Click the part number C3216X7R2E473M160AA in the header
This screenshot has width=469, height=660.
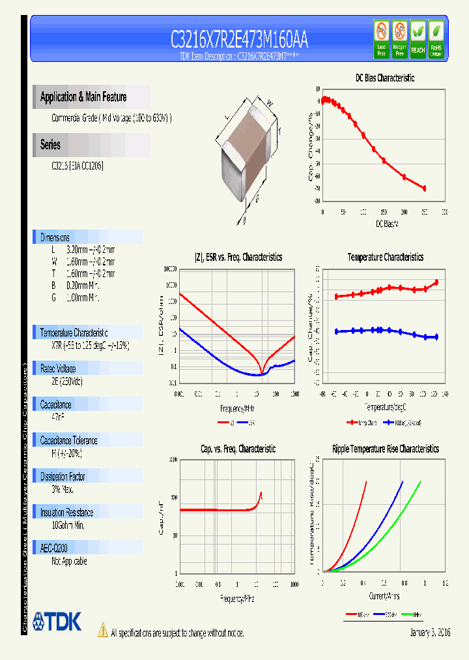(239, 40)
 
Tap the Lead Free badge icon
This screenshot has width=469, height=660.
(381, 38)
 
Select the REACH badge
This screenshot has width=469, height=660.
(418, 38)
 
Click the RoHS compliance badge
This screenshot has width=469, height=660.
(436, 38)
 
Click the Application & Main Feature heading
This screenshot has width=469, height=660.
(83, 97)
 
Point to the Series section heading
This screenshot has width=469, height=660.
(50, 145)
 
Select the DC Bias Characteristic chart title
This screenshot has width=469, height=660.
(384, 78)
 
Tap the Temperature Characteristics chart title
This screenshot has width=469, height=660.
(385, 257)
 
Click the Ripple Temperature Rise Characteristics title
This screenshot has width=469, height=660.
(385, 449)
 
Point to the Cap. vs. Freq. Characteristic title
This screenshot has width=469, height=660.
(238, 449)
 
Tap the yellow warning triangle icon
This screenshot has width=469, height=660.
(102, 629)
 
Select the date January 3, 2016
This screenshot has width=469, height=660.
(430, 633)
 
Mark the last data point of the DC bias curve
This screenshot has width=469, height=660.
(424, 188)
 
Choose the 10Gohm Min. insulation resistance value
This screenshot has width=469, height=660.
(68, 525)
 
